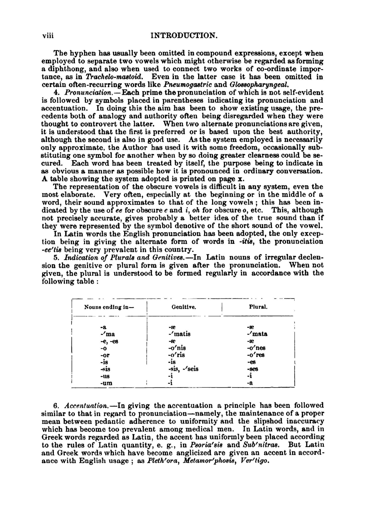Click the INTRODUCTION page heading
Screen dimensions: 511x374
tap(184, 36)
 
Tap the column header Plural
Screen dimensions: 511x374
tap(258, 307)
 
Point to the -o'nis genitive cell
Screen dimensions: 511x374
tap(177, 348)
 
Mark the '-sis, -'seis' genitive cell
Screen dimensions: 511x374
tap(183, 369)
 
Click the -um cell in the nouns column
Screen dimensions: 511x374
tap(106, 383)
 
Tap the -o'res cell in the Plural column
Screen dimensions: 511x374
tap(256, 355)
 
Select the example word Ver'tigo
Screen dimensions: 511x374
tap(256, 460)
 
